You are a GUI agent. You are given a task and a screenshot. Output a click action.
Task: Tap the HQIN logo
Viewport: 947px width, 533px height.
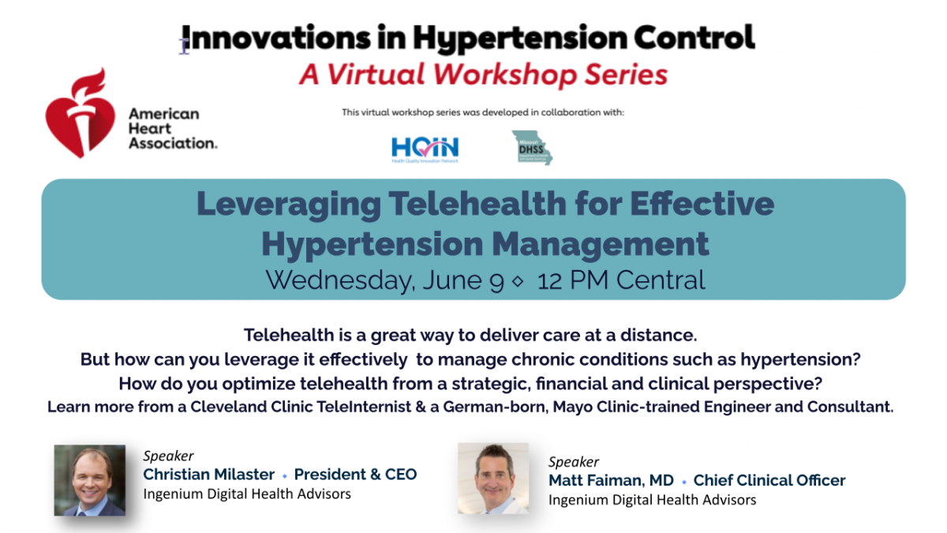425,148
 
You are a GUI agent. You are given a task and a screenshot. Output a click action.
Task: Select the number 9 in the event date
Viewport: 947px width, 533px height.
496,280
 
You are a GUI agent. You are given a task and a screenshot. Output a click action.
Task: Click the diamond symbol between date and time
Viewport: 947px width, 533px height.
518,282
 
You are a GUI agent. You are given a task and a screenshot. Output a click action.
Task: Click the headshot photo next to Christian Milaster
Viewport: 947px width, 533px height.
89,480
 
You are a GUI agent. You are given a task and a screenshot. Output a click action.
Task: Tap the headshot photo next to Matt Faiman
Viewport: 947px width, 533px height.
493,478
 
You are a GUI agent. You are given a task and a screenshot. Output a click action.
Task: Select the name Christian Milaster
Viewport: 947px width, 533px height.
208,475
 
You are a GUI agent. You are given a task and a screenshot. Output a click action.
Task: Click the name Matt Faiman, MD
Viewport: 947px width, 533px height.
612,480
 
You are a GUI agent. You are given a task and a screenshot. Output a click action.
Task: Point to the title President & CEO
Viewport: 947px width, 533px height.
355,475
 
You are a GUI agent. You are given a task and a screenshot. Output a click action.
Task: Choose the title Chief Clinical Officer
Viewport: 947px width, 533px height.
769,480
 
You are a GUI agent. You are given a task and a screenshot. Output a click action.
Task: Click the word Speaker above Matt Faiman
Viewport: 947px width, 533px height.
574,462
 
